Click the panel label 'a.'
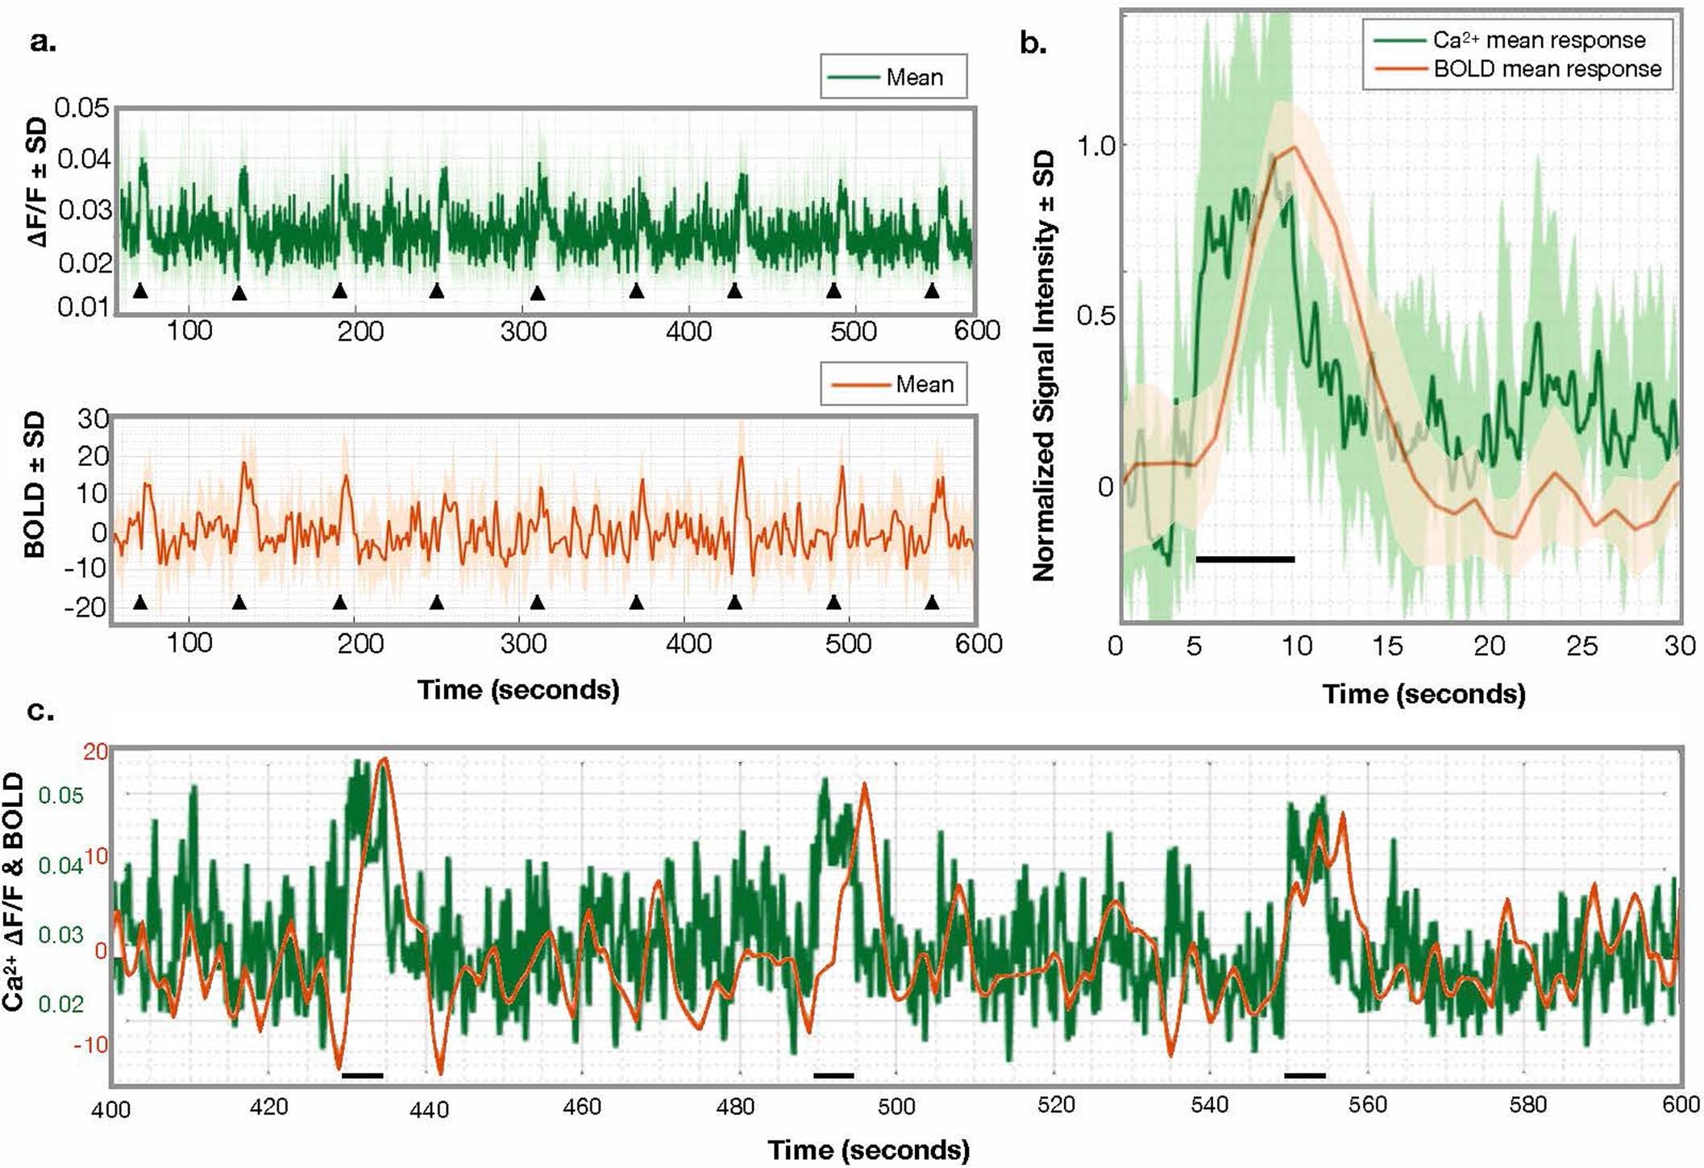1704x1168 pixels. [x=42, y=41]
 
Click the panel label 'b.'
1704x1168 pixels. [x=1033, y=43]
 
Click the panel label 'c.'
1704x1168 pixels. [x=40, y=712]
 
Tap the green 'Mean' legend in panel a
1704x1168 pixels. [x=893, y=77]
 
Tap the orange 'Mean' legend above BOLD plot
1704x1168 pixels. [x=893, y=384]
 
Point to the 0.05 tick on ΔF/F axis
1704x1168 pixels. [x=81, y=107]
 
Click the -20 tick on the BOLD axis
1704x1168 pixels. [x=85, y=607]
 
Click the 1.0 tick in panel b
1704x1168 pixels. [x=1095, y=146]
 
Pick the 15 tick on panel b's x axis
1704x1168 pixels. [x=1387, y=646]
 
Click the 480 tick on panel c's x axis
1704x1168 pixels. [x=735, y=1107]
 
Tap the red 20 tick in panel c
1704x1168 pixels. [x=95, y=752]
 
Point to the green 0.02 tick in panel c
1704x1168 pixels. [x=61, y=1004]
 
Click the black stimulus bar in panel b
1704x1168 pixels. [x=1245, y=559]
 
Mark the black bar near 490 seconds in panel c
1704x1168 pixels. [x=833, y=1075]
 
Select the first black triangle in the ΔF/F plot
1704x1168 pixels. [x=140, y=291]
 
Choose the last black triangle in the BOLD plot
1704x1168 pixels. [x=932, y=602]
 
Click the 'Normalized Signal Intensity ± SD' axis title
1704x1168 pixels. [x=1044, y=367]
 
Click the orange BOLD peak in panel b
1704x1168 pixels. [x=1294, y=147]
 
